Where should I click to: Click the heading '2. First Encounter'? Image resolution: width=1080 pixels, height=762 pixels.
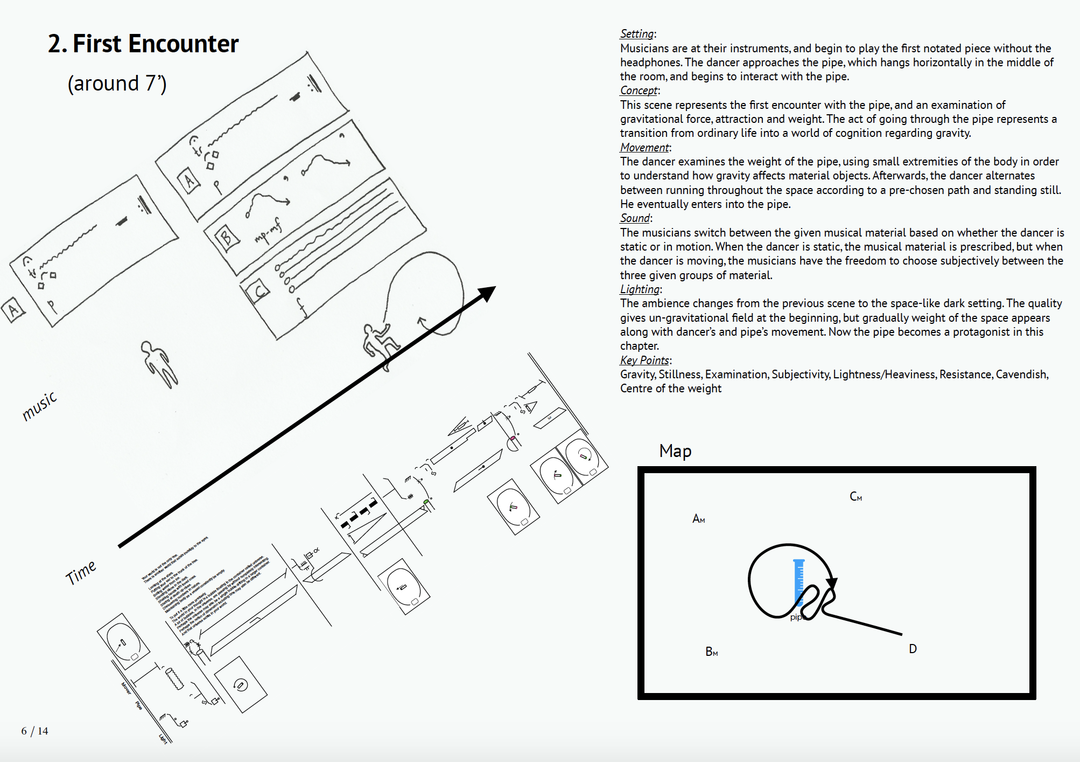coord(143,44)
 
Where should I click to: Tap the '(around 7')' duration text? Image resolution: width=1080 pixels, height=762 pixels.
coord(117,84)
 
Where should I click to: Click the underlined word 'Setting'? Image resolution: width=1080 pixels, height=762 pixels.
coord(636,34)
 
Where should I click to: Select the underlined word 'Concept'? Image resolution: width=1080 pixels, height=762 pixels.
coord(639,91)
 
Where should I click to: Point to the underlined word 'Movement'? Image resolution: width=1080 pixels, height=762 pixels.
coord(644,147)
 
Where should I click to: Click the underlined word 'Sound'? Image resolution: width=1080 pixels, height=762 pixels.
coord(635,218)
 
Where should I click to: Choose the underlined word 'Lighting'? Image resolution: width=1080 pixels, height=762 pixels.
coord(640,289)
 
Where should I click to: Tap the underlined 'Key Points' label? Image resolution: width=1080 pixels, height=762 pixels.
coord(644,360)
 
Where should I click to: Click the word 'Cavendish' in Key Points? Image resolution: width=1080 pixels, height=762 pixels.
coord(1021,374)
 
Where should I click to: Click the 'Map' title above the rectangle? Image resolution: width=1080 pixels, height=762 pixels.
coord(675,451)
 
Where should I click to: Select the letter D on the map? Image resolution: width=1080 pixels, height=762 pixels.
coord(913,649)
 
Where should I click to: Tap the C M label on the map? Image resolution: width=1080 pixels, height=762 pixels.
coord(855,496)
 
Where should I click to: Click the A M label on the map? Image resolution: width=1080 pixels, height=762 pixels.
coord(698,518)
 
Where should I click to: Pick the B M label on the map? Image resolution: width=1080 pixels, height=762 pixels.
coord(711,652)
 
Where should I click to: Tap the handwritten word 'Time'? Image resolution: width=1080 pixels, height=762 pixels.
coord(81,572)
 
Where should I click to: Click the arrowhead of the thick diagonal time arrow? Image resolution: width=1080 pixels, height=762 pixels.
coord(487,293)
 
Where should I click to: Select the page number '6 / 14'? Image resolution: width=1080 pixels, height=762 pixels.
coord(34,731)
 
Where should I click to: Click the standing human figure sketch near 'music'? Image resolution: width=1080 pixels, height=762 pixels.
coord(159,364)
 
